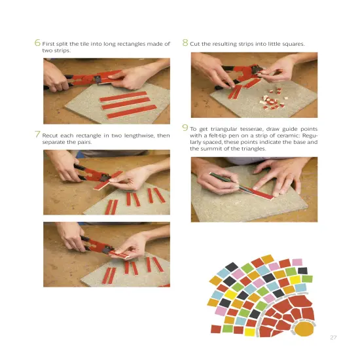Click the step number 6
pyautogui.click(x=37, y=43)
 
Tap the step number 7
pyautogui.click(x=37, y=135)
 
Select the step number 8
pyautogui.click(x=185, y=43)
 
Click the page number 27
pyautogui.click(x=333, y=337)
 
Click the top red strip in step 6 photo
pyautogui.click(x=122, y=96)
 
